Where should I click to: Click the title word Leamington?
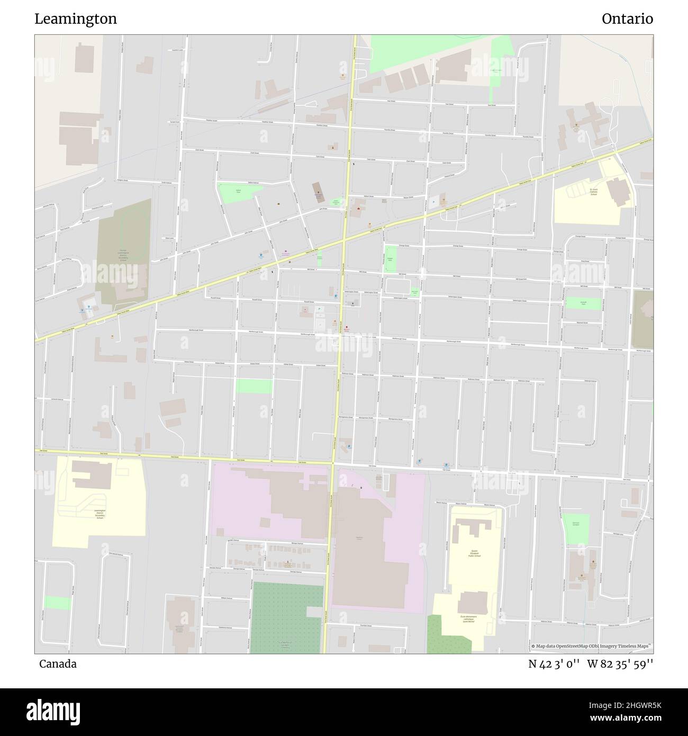point(76,19)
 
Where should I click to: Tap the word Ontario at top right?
point(627,19)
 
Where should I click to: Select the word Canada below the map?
point(58,663)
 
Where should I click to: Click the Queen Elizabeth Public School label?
point(474,553)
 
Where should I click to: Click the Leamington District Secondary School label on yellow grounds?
point(99,514)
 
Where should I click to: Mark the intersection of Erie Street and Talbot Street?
point(344,240)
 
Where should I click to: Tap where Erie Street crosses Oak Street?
point(333,463)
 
